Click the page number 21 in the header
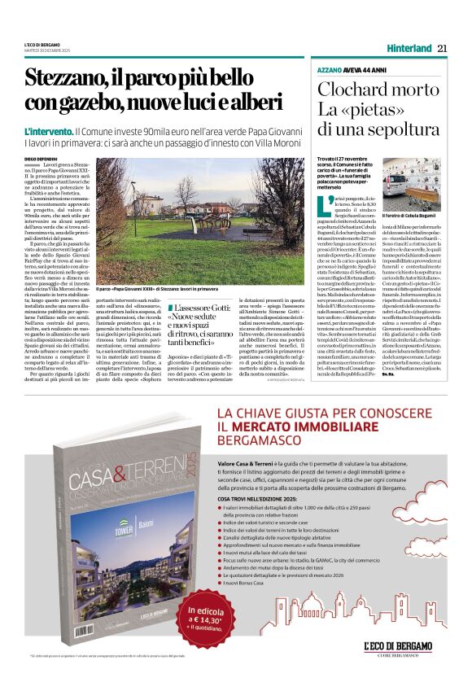pos(443,48)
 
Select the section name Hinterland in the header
pos(409,48)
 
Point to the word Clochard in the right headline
pos(350,90)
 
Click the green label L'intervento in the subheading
pos(48,131)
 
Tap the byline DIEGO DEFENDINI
pos(42,158)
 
